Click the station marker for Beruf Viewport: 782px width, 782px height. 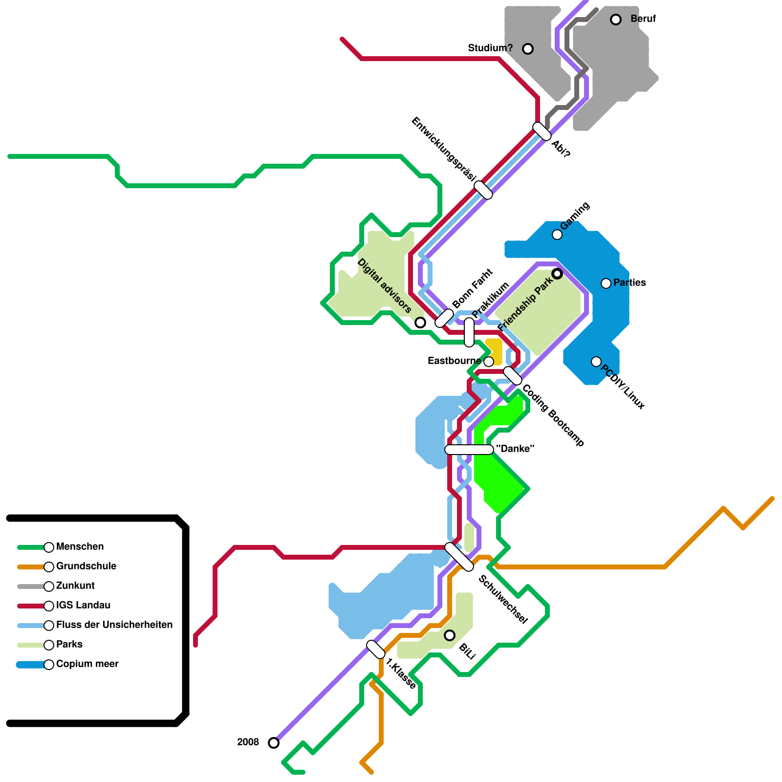coord(616,20)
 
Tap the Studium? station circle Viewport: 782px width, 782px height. coord(528,49)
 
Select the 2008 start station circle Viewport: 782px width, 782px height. coord(274,743)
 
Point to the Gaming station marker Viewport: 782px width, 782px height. coord(557,235)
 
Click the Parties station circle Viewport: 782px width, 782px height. coord(606,283)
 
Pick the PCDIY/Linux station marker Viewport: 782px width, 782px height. coord(596,362)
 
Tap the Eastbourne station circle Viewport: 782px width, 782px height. coord(489,362)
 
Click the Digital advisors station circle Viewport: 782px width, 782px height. coord(420,323)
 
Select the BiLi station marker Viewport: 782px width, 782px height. coord(450,635)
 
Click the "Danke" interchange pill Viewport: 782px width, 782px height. coord(469,450)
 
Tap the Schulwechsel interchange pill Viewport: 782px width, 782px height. coord(459,557)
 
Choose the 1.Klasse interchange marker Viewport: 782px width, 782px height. coord(376,650)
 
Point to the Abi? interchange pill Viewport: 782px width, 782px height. coord(542,131)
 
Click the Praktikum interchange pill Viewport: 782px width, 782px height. coord(469,332)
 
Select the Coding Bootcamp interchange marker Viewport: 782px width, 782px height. coord(513,375)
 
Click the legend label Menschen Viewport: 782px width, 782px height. coord(80,547)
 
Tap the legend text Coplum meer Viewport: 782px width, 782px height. coord(87,664)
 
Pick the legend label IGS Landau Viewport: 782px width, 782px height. coord(83,606)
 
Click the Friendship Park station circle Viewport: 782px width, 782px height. coord(557,274)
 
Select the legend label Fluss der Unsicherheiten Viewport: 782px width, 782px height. coord(114,625)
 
